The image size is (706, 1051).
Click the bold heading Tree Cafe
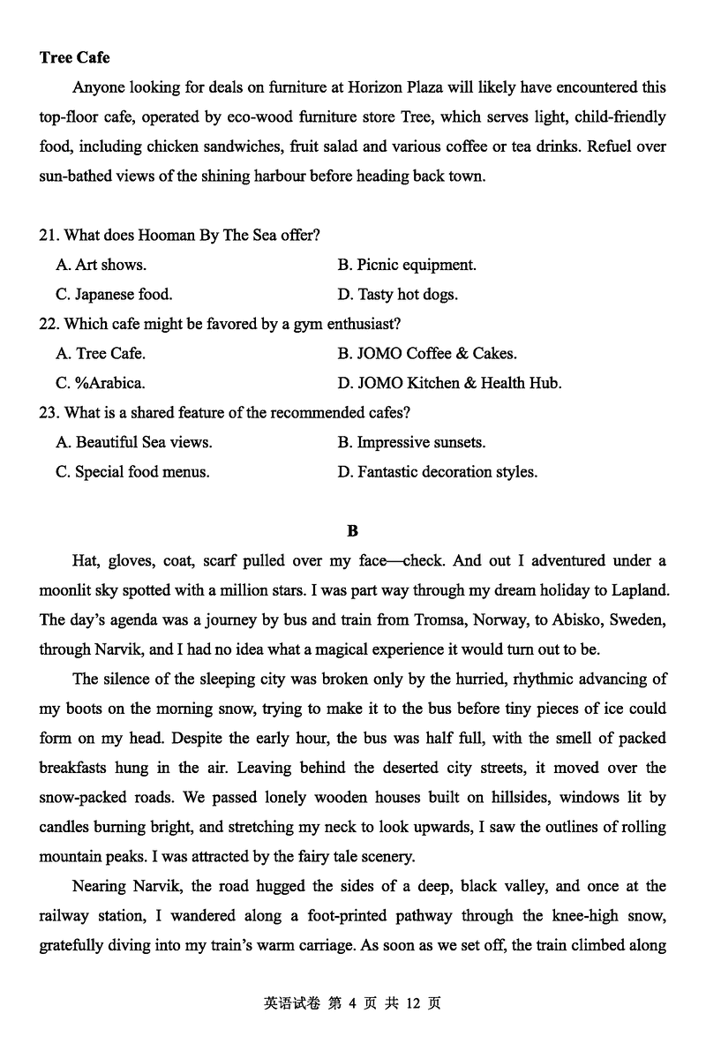[x=74, y=57]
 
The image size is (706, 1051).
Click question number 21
[x=49, y=235]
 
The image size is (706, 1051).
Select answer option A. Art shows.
[x=101, y=265]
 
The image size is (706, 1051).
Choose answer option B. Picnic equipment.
[x=406, y=265]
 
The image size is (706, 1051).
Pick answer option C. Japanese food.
[x=114, y=295]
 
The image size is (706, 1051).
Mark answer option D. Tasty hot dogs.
[x=397, y=295]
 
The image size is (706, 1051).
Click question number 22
[x=49, y=324]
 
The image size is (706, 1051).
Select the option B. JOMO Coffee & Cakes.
[x=427, y=354]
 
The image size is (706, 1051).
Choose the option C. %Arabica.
[x=101, y=384]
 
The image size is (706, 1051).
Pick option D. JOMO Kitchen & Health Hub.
[x=449, y=384]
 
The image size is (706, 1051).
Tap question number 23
[x=49, y=412]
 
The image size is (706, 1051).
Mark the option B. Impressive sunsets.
[x=411, y=442]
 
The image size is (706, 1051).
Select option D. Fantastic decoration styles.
[x=437, y=472]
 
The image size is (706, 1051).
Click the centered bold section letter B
[x=353, y=530]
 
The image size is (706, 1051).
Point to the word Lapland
[x=636, y=589]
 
